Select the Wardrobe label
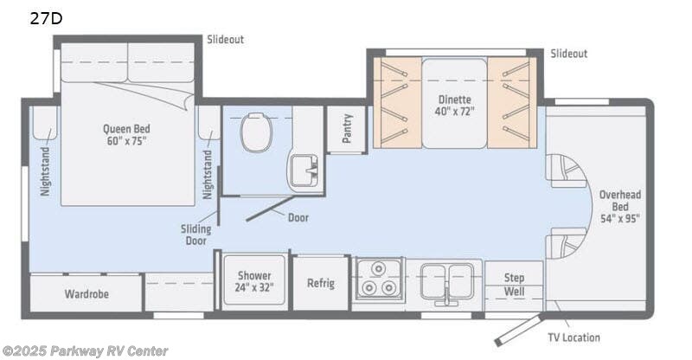pyautogui.click(x=86, y=293)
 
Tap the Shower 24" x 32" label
pyautogui.click(x=254, y=280)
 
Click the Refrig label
pyautogui.click(x=320, y=283)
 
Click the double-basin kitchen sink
pyautogui.click(x=443, y=281)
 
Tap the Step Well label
pyautogui.click(x=515, y=284)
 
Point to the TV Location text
pyautogui.click(x=573, y=337)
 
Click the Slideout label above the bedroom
pyautogui.click(x=225, y=40)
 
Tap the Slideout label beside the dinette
pyautogui.click(x=568, y=54)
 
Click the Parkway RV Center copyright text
pyautogui.click(x=84, y=350)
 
